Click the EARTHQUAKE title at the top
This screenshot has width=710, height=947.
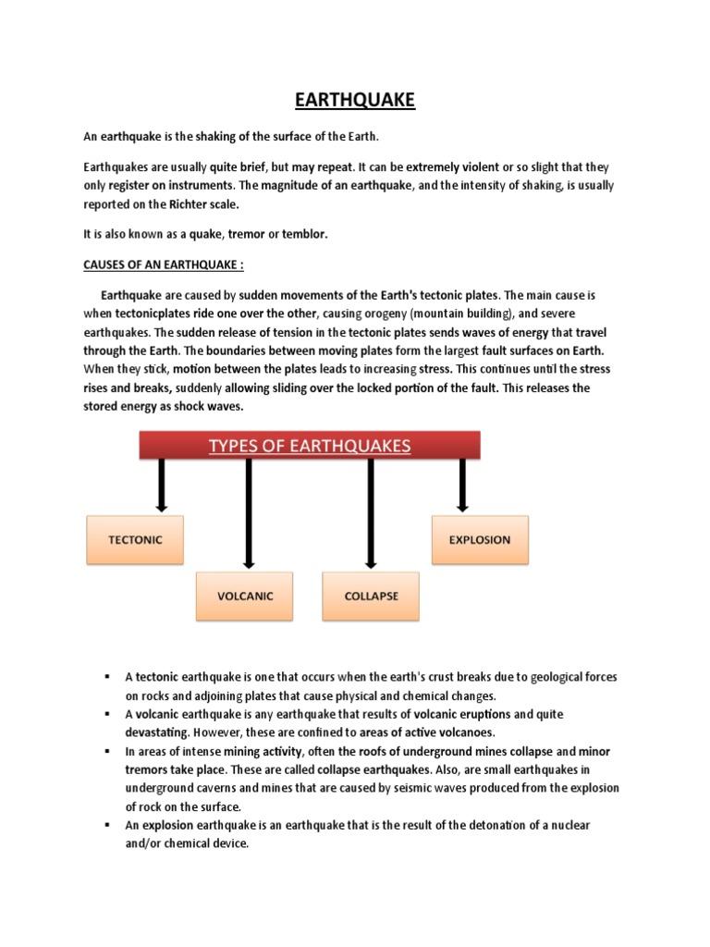coord(355,99)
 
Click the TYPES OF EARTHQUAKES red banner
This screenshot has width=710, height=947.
coord(310,447)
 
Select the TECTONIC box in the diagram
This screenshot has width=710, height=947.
coord(135,539)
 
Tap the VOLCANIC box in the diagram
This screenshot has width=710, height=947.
coord(245,596)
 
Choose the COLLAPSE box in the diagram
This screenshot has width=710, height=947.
coord(371,596)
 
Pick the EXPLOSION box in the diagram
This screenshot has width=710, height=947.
coord(480,539)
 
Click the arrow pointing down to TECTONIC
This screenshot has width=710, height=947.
coord(161,485)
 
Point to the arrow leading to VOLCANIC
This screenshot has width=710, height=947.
coord(248,512)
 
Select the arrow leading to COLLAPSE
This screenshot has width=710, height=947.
coord(371,512)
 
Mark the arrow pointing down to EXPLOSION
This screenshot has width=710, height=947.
coord(462,485)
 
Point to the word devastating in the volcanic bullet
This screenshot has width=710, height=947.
coord(159,733)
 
